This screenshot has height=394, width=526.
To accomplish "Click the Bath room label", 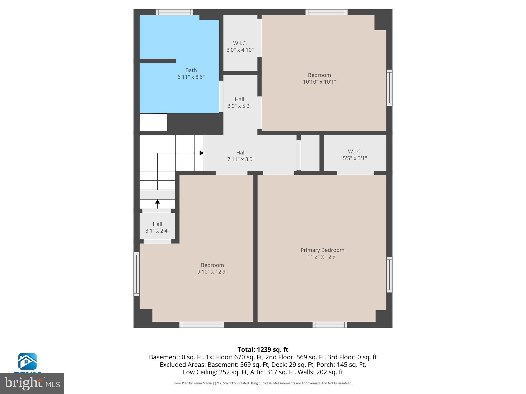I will tap(191, 70).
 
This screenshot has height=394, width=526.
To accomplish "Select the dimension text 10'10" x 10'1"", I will tap(319, 82).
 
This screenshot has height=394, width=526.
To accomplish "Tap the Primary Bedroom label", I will tap(322, 250).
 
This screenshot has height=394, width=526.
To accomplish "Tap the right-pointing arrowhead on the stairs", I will tap(202, 153).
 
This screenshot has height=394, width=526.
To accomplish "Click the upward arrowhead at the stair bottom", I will tap(157, 202).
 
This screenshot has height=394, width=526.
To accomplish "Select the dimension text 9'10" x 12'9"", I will tap(212, 272).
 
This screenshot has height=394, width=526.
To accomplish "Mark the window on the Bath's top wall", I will tap(174, 12).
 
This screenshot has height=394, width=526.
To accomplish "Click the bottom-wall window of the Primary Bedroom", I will tap(330, 325).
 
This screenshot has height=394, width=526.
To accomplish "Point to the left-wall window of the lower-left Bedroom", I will tap(136, 274).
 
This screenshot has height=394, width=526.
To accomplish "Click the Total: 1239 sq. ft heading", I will tap(263, 350).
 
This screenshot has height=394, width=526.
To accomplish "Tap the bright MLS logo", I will tap(32, 383).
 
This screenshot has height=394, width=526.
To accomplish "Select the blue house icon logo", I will tap(27, 361).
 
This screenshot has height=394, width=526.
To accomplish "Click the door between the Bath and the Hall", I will tap(221, 96).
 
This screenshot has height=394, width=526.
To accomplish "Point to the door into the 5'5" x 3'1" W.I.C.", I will tap(355, 173).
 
